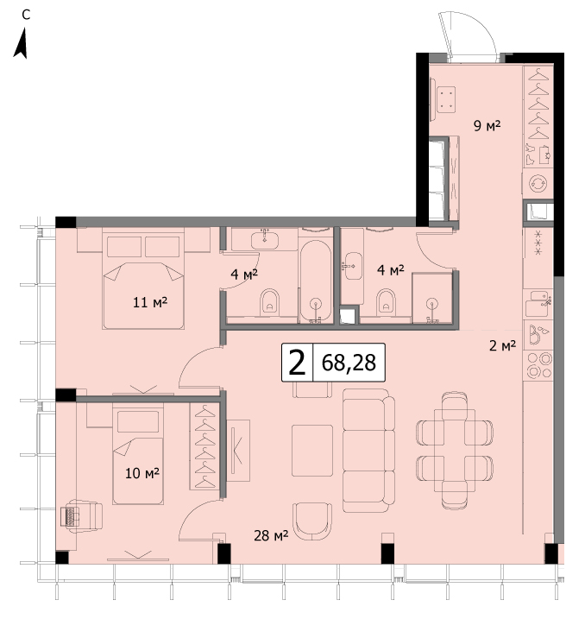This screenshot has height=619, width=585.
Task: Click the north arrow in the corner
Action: point(22,43)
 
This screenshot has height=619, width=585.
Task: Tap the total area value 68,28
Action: point(349,363)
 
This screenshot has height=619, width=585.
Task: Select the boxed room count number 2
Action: point(297,363)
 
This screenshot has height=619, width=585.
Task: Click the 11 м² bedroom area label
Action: point(150,302)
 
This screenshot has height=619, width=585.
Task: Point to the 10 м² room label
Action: point(142,472)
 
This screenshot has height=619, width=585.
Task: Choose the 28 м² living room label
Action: point(271,535)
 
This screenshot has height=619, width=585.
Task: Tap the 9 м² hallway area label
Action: point(487,125)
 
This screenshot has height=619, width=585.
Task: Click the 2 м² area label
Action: point(502,346)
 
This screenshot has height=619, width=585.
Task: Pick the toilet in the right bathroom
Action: point(387,302)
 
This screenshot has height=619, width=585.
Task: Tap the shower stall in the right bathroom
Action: point(433,298)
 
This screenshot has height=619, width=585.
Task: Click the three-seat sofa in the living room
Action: point(368,451)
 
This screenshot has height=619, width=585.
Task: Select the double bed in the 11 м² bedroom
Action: point(143,281)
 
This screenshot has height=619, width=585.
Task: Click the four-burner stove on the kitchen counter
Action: point(538,366)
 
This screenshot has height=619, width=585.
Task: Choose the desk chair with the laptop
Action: point(81,515)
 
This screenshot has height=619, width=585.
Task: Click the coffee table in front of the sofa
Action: point(312,451)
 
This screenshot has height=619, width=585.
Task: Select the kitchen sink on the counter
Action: point(538,304)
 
